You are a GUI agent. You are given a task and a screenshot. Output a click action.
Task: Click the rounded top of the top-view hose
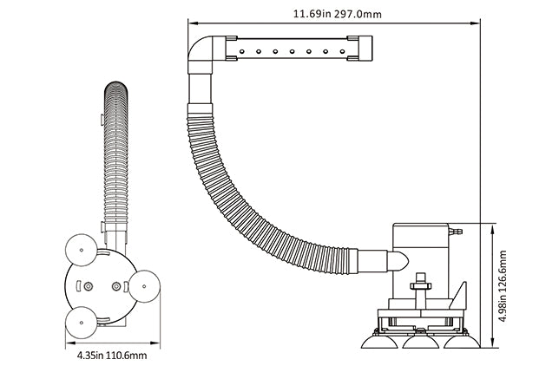(117, 88)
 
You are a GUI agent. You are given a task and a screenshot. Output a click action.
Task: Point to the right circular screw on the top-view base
(116, 286)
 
